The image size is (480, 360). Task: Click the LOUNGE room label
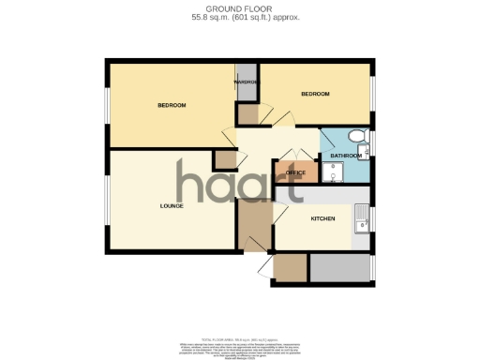pos(171,205)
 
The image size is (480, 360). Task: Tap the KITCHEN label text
pos(322,217)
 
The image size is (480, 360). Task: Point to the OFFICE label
pos(296,173)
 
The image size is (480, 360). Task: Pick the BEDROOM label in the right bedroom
pos(315,95)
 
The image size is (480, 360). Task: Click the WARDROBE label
pos(246,82)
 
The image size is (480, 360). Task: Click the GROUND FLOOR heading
pos(240,8)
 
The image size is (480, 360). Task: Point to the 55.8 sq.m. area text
pos(240,17)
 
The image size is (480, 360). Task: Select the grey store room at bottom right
pos(339,269)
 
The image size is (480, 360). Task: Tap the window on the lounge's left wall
pos(107,201)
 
